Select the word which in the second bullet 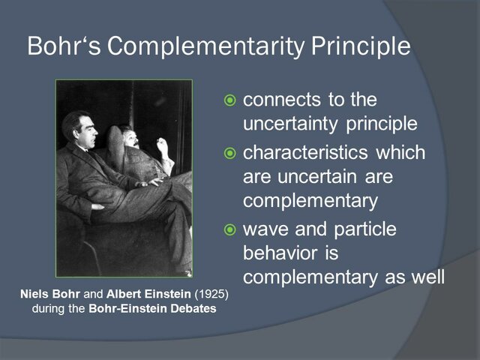click(400, 153)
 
